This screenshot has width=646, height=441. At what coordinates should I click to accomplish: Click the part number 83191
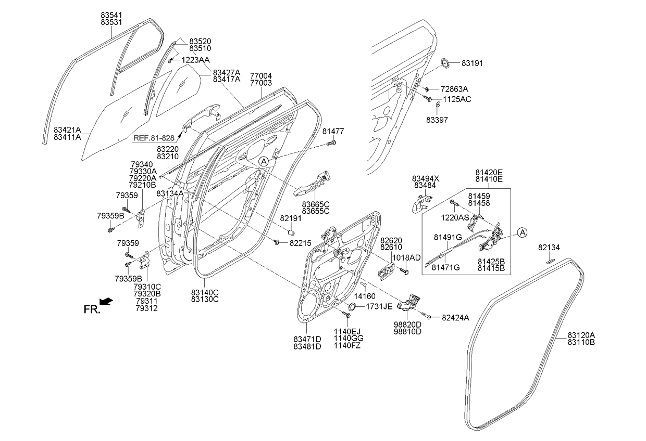(x=473, y=63)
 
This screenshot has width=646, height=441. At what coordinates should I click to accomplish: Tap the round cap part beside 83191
(x=446, y=63)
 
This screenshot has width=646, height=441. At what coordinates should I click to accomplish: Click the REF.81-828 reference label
(x=154, y=139)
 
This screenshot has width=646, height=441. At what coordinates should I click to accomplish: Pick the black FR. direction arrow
(x=106, y=301)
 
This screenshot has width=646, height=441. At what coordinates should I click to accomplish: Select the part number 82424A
(x=455, y=317)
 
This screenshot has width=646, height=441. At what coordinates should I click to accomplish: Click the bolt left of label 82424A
(x=425, y=315)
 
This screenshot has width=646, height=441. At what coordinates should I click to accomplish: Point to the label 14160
(x=365, y=296)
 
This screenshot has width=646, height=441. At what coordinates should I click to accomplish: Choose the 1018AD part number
(x=406, y=258)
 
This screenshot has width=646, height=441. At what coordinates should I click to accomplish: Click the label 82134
(x=550, y=248)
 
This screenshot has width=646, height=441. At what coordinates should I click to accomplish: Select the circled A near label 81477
(x=264, y=161)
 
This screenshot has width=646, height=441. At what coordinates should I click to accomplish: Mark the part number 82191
(x=291, y=218)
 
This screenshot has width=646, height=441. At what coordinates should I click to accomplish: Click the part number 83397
(x=437, y=120)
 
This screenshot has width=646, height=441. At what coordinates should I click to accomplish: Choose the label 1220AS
(x=455, y=217)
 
